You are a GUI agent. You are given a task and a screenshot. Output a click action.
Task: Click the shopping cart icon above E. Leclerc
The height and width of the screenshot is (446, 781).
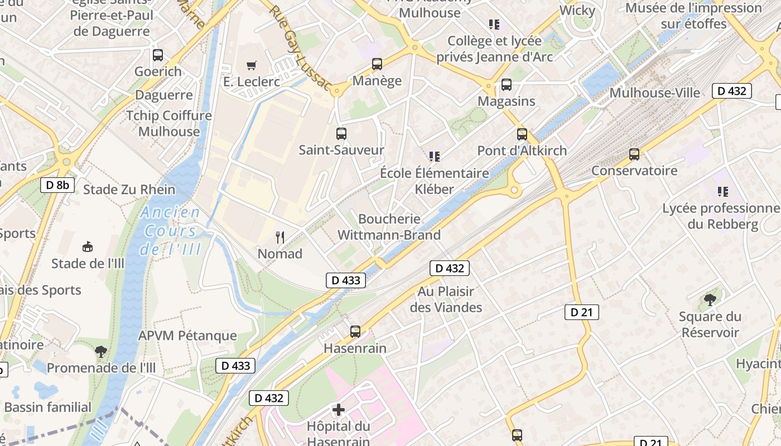click(252, 66)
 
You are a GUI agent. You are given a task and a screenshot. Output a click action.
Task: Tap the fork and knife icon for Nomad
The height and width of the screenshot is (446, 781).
click(280, 237)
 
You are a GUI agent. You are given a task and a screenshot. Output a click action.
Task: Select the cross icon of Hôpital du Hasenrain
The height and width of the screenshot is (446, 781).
click(338, 410)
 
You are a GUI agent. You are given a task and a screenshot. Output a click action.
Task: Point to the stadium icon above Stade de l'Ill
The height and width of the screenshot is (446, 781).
click(88, 246)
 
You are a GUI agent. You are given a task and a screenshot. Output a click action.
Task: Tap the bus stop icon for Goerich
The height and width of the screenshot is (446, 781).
click(158, 55)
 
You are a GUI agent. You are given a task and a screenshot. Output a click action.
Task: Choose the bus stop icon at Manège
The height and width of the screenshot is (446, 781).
click(377, 64)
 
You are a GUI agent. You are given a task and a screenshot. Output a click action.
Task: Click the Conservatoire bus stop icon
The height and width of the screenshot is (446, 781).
click(634, 154)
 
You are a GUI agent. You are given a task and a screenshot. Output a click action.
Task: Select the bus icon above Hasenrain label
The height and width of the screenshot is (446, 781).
click(355, 332)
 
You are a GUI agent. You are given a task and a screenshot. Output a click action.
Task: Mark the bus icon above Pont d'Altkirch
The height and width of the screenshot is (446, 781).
click(522, 134)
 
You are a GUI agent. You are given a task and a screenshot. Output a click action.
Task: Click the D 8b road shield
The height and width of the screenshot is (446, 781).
click(57, 185)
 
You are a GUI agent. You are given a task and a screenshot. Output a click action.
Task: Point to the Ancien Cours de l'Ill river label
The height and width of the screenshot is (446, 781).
click(171, 230)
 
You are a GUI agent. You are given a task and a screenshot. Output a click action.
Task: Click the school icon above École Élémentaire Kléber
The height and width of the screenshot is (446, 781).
click(435, 157)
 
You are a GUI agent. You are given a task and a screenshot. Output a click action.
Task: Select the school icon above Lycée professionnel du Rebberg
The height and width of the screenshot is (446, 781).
click(723, 192)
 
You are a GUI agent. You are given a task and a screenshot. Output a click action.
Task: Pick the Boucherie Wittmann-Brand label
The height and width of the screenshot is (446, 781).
click(389, 227)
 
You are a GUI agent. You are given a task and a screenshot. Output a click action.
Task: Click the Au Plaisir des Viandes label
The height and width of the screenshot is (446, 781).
click(446, 299)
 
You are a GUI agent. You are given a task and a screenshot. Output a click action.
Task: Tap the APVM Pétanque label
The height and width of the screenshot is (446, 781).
click(187, 336)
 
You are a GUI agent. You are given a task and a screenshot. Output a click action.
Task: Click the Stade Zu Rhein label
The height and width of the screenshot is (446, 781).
click(129, 190)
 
